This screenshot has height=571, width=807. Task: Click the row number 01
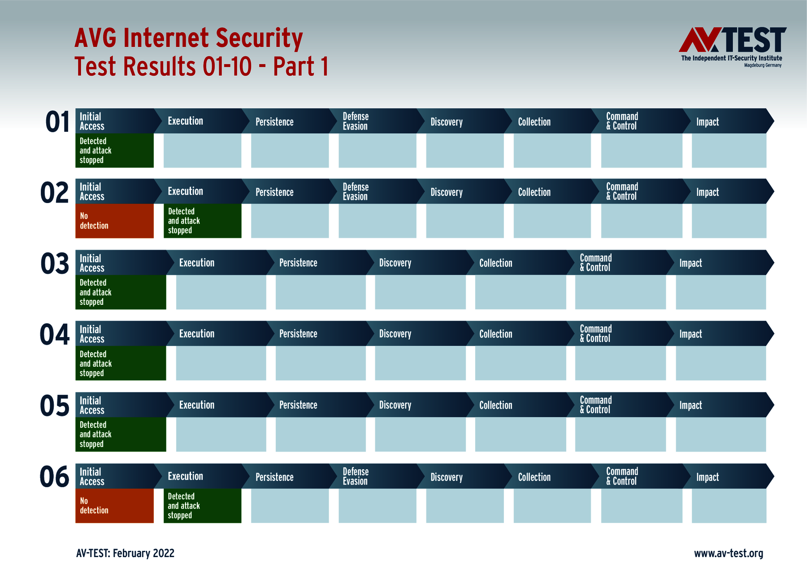pos(57,122)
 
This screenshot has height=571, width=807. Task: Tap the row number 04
pos(55,335)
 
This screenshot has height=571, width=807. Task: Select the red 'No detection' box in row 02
pos(114,221)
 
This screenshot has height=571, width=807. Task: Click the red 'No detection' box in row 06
pos(114,506)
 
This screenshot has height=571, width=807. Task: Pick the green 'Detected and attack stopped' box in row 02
pos(202,221)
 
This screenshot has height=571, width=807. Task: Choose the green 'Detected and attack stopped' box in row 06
pos(202,506)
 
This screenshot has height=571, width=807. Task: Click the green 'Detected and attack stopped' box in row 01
pos(114,151)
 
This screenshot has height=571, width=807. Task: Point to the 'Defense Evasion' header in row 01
pos(356,121)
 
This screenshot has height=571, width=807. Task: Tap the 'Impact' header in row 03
pos(690,263)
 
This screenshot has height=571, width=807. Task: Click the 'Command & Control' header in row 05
pos(595,405)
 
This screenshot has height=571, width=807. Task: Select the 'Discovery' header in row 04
pos(395,334)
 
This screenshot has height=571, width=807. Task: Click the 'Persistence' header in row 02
pos(274,192)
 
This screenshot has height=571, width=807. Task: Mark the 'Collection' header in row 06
pos(534,477)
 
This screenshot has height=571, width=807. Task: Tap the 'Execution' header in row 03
pos(197,263)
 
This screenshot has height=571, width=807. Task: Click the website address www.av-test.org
pos(729,554)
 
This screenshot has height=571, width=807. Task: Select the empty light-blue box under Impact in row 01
pos(729,151)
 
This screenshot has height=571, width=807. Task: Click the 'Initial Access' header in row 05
pos(92,405)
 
